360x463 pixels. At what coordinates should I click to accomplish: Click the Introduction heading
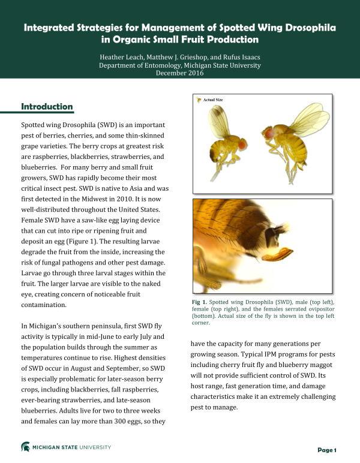click(47, 107)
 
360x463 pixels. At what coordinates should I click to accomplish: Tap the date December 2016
click(179, 73)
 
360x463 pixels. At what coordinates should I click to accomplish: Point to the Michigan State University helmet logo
click(26, 447)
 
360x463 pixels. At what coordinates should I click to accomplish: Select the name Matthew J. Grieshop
click(180, 56)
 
